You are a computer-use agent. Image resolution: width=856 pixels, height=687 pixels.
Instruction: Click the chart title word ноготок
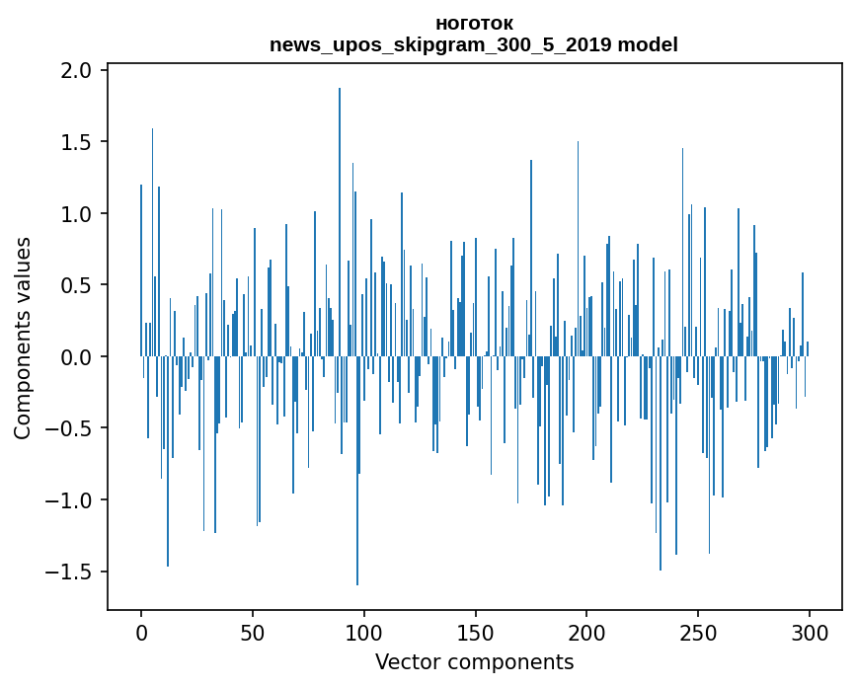(474, 23)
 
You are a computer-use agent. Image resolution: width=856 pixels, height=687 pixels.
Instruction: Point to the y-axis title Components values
(23, 338)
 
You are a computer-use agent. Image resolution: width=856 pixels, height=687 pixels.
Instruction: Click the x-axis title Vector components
(474, 662)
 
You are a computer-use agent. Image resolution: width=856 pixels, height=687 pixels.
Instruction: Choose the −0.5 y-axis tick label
(70, 428)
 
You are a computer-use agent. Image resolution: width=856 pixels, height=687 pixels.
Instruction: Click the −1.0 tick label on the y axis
(70, 500)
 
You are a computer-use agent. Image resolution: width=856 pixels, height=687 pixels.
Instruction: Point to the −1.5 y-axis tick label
(70, 572)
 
